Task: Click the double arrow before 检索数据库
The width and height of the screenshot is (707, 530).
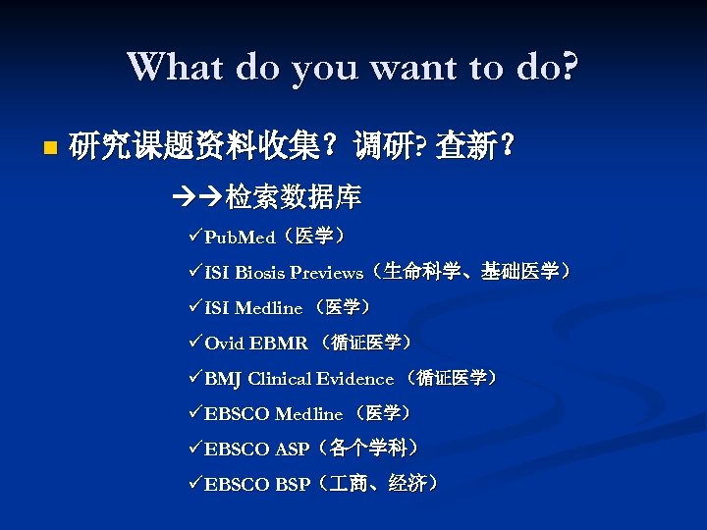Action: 196,199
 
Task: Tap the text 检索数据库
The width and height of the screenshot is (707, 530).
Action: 293,199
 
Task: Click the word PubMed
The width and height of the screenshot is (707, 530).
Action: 240,238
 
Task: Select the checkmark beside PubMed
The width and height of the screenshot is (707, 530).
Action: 194,238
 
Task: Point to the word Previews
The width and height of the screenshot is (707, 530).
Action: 326,273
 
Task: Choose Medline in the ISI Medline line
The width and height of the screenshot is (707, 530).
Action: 268,308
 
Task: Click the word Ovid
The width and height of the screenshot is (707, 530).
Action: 223,344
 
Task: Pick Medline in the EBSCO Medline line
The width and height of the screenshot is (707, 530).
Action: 308,414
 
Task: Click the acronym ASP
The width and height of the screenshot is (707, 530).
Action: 292,450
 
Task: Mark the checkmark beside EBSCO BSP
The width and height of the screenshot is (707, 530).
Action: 194,484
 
